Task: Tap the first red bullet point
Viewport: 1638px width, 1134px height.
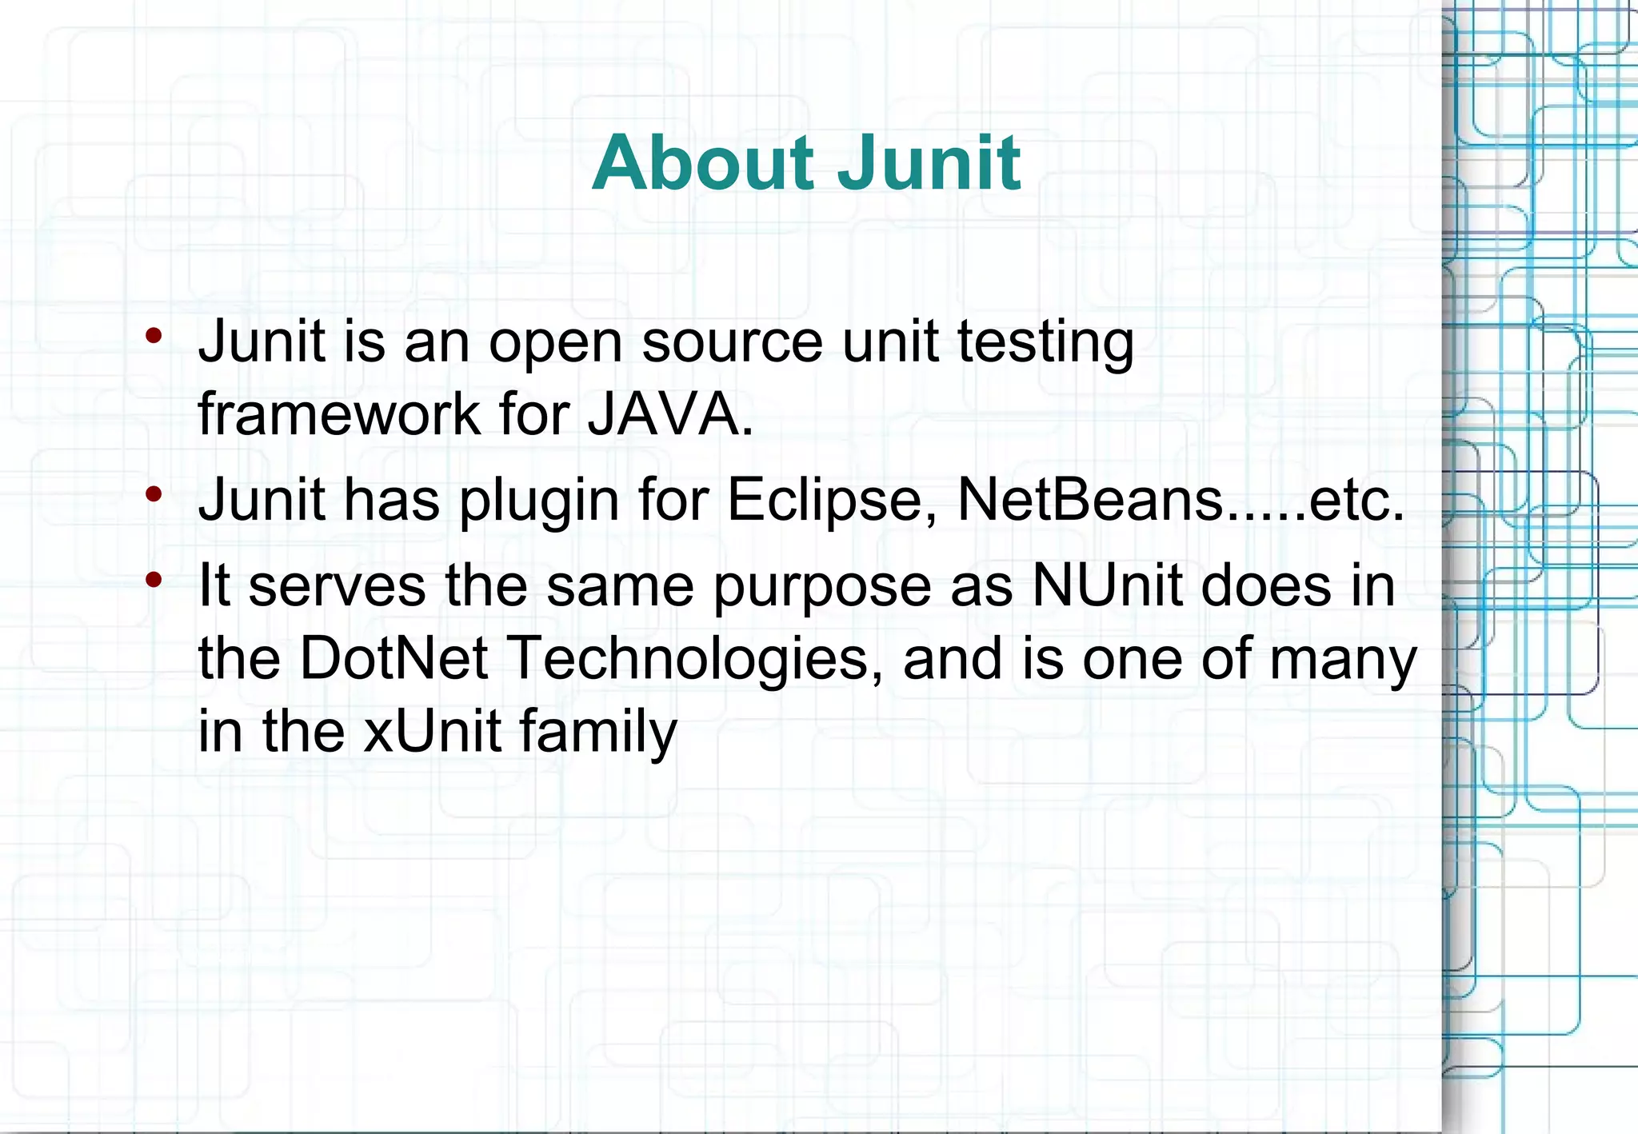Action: tap(154, 336)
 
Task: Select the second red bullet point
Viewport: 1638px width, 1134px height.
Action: tap(154, 494)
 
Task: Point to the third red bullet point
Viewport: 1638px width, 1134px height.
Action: tap(154, 580)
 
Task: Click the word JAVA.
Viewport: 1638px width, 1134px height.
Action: tap(670, 414)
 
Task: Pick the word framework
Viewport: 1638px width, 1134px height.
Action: tap(338, 414)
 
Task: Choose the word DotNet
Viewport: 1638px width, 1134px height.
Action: tap(394, 659)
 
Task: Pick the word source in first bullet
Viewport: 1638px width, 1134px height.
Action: tap(732, 342)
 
